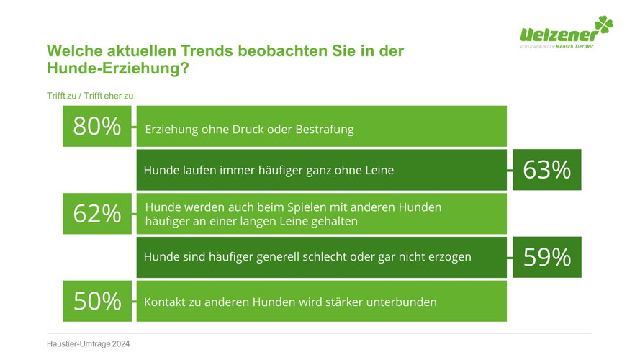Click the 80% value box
point(96,126)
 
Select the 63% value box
point(547,170)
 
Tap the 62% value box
point(97,213)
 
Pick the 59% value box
point(547,257)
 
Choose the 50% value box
point(97,301)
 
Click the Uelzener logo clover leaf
point(604,25)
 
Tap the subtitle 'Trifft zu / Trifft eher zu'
point(90,96)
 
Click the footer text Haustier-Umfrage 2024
point(88,344)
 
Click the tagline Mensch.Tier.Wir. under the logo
point(574,47)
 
